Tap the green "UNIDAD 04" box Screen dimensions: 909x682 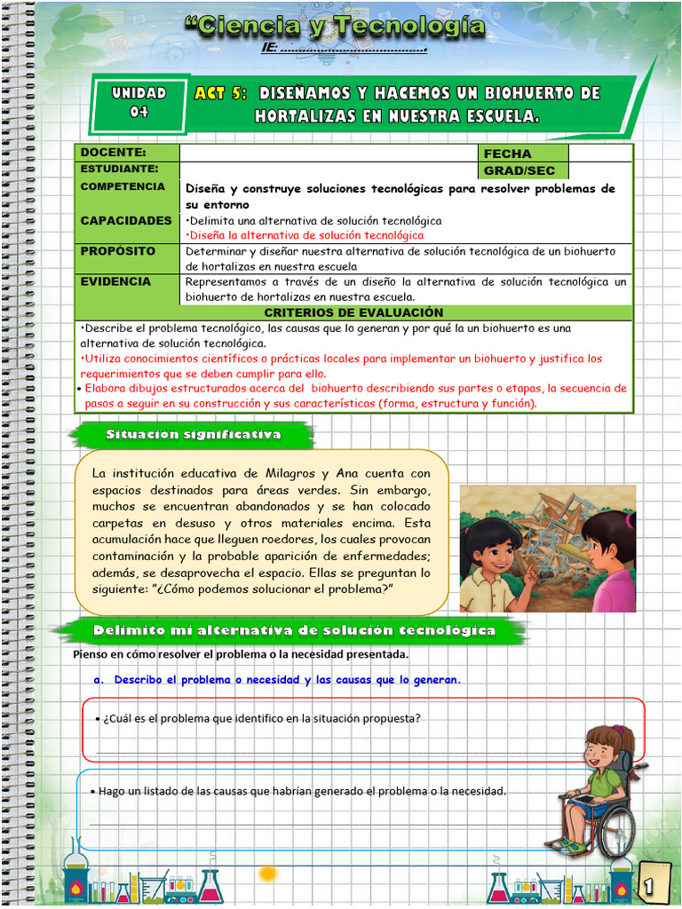(139, 102)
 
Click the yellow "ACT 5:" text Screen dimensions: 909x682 (221, 93)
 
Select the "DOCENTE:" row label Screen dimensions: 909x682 (113, 154)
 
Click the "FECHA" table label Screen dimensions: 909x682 (508, 154)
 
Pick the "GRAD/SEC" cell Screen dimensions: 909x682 (519, 170)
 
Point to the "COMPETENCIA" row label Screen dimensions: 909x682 (123, 187)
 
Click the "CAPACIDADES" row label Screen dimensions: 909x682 (126, 220)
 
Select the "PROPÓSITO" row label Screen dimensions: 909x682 (118, 251)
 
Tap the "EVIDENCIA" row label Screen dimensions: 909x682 (115, 281)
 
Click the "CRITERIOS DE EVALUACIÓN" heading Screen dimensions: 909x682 (353, 312)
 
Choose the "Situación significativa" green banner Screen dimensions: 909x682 (194, 435)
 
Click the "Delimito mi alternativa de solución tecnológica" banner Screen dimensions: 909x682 (295, 630)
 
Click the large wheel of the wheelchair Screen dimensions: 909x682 (615, 831)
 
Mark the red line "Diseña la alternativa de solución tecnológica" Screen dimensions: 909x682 (305, 235)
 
